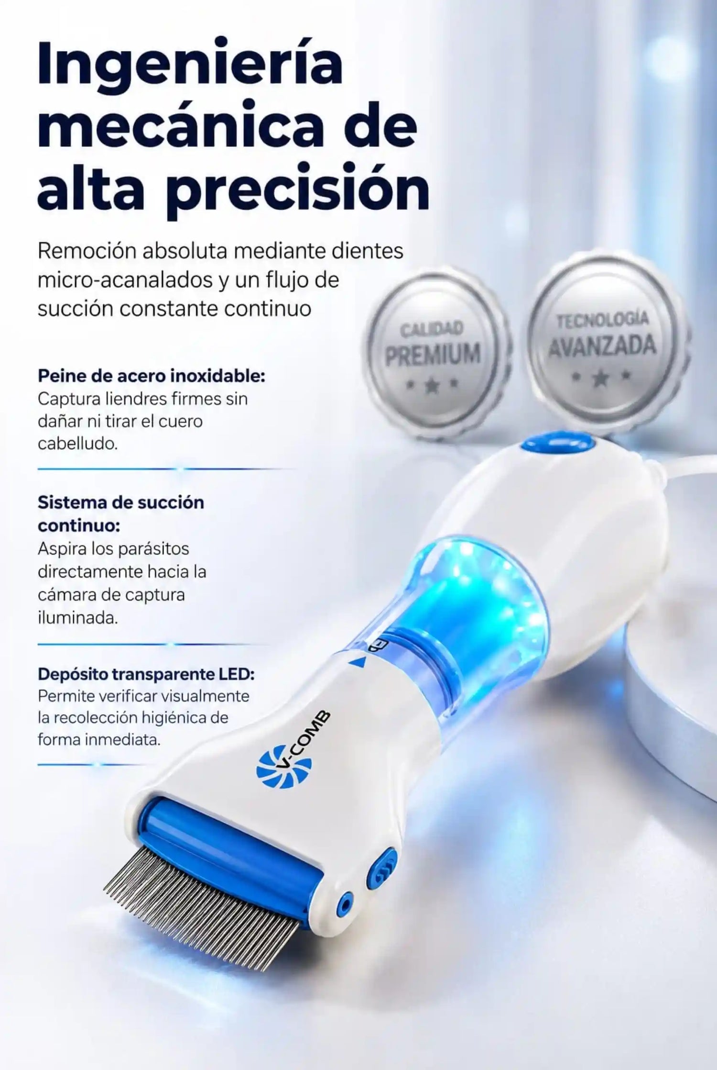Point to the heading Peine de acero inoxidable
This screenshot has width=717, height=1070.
(x=151, y=376)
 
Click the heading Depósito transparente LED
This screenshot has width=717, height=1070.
(x=146, y=674)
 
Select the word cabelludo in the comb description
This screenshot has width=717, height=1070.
(x=77, y=444)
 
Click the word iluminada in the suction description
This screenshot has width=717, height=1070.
(x=77, y=617)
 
